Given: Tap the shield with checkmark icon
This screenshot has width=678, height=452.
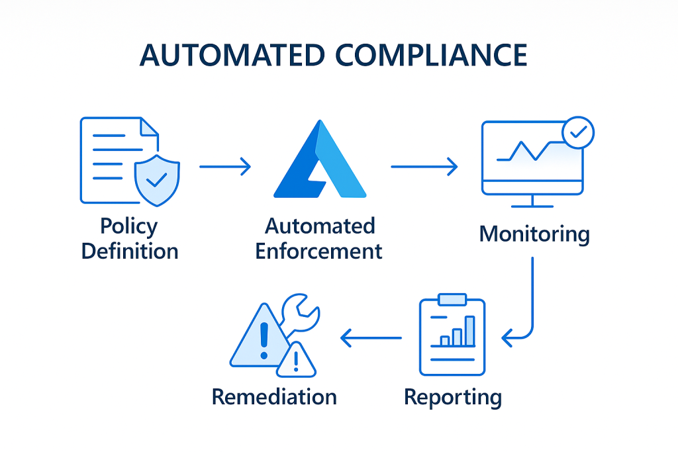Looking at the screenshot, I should point(156,177).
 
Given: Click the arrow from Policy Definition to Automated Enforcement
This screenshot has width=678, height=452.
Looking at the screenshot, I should point(225,166).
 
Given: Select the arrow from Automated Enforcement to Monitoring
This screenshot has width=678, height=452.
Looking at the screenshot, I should point(424,166).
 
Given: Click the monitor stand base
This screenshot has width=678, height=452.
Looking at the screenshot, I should point(532,207).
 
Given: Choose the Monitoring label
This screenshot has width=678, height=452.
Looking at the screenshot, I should point(534,234).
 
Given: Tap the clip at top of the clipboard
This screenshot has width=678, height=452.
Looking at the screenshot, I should point(452,300).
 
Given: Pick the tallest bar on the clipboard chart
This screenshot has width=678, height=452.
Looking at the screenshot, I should point(469,331).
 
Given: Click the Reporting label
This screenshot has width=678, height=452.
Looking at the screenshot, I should point(453,397).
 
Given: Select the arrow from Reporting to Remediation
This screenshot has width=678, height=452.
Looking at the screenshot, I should point(371,338).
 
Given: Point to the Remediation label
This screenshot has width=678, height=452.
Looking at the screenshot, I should point(274,397).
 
